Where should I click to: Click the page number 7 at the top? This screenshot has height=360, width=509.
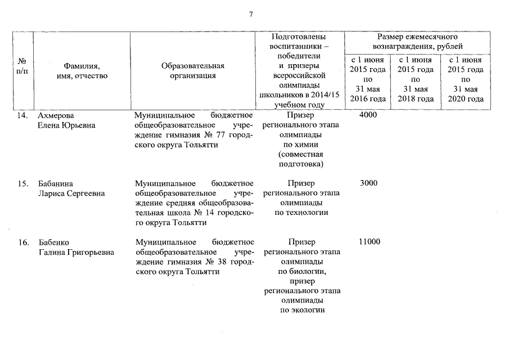coord(251,13)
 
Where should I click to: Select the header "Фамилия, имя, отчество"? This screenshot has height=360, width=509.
coord(82,70)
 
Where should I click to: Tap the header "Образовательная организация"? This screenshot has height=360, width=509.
coord(193,70)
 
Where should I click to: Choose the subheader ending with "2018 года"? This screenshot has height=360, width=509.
coord(416,79)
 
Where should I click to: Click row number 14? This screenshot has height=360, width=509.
coord(22,115)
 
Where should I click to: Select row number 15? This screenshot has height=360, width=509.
coord(22,183)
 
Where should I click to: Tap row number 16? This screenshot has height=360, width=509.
coord(22,242)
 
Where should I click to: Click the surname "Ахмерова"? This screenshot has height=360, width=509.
coord(56,115)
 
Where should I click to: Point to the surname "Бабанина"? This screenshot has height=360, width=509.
coord(56,183)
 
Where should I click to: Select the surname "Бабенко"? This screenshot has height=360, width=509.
coord(53,242)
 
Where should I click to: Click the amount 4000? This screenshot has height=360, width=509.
coord(368,115)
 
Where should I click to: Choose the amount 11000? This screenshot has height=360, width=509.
coord(369,241)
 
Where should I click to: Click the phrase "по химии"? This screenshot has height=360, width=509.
coord(301,145)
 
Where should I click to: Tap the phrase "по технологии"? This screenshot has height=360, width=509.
coord(301,213)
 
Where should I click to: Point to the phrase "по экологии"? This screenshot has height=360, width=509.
coord(301,310)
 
